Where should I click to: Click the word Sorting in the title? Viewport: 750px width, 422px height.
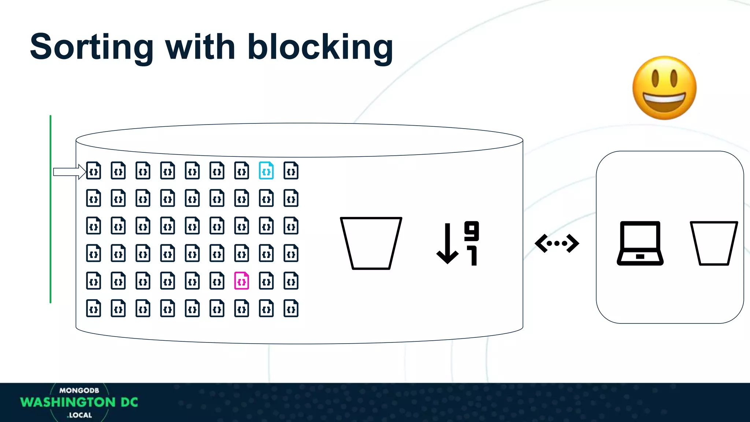92,48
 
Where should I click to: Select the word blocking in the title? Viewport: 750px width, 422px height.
320,48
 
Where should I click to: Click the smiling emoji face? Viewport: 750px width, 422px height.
664,88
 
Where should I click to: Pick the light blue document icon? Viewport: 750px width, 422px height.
266,171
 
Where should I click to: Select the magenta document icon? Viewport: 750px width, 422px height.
242,281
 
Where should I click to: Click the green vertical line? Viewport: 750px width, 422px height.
51,209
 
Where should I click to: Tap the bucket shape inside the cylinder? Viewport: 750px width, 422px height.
371,243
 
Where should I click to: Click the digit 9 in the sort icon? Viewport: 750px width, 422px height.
471,230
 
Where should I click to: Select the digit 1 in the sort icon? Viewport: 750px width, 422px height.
473,255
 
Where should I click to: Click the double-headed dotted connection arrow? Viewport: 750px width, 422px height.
557,243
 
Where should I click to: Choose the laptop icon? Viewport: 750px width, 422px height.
640,243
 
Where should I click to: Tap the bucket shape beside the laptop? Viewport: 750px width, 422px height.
714,243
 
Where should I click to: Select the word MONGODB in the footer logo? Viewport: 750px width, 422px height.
79,390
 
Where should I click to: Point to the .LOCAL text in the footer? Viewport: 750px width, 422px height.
79,415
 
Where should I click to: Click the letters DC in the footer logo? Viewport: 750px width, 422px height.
129,402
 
